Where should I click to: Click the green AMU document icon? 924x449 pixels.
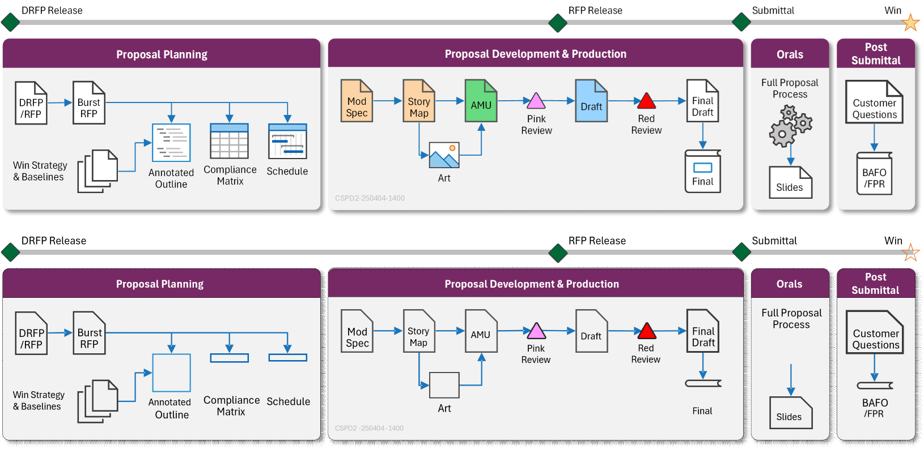pos(481,101)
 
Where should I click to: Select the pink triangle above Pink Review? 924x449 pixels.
pos(536,101)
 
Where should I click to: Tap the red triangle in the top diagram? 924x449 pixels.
pos(646,101)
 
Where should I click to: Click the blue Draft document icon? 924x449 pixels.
pos(591,101)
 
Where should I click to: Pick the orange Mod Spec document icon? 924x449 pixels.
pos(357,101)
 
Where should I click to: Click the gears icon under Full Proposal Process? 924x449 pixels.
pos(790,126)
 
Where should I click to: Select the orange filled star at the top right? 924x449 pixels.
pos(910,23)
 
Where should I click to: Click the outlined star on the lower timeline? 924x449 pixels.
pos(910,253)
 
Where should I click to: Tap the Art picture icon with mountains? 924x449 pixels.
pos(444,155)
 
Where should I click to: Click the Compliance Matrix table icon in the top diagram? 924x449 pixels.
pos(229,141)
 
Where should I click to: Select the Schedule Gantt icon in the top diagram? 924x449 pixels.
pos(287,141)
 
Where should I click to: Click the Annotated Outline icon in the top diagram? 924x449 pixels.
pos(171,143)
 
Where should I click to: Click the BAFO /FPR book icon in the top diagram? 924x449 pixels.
pos(874,173)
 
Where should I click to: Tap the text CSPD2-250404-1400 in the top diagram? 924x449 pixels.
pos(370,198)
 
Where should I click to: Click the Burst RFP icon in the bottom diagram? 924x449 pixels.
pos(89,333)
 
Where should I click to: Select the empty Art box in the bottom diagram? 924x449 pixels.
pos(444,385)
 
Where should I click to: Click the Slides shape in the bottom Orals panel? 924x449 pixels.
pos(790,412)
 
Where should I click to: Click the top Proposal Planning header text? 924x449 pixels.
pos(162,54)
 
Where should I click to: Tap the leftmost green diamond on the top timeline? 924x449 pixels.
pos(10,23)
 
